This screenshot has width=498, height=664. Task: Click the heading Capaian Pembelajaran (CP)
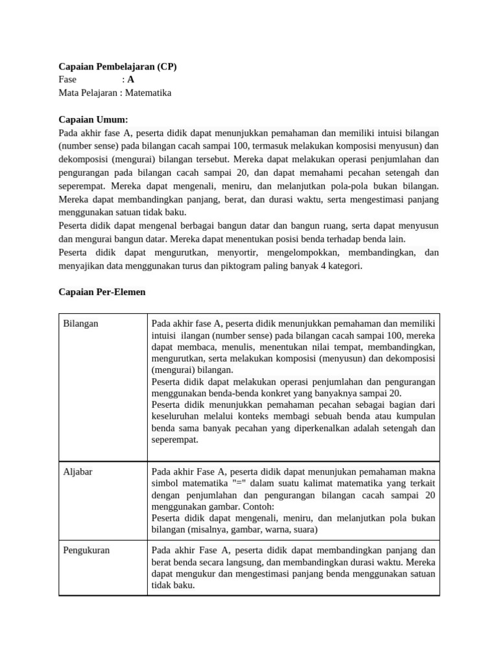pyautogui.click(x=117, y=66)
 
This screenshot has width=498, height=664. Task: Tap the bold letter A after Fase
pyautogui.click(x=131, y=80)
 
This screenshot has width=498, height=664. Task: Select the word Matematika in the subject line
pyautogui.click(x=148, y=93)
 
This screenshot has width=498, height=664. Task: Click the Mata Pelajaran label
pyautogui.click(x=88, y=93)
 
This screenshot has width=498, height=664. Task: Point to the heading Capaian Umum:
pyautogui.click(x=93, y=119)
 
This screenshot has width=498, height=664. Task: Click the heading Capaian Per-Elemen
pyautogui.click(x=102, y=292)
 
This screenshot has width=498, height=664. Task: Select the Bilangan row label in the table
pyautogui.click(x=81, y=323)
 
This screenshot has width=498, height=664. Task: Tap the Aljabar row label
pyautogui.click(x=78, y=471)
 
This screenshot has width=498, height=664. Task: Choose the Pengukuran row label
pyautogui.click(x=86, y=550)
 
